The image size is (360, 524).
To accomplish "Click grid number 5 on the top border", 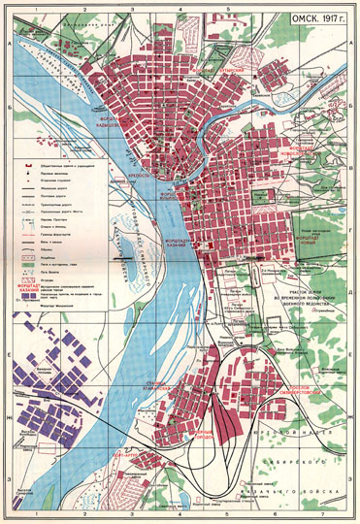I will pyautogui.click(x=227, y=7).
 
